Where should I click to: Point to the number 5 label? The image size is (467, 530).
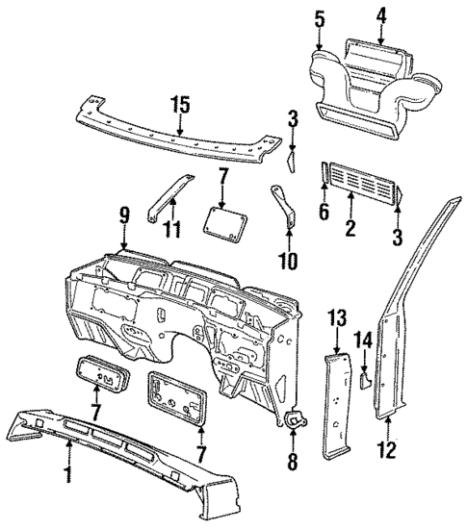click(320, 18)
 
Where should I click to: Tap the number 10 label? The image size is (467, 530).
click(288, 261)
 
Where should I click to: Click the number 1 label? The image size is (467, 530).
click(68, 473)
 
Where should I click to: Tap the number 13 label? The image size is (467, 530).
click(335, 317)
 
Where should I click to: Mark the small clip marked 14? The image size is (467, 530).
click(366, 378)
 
